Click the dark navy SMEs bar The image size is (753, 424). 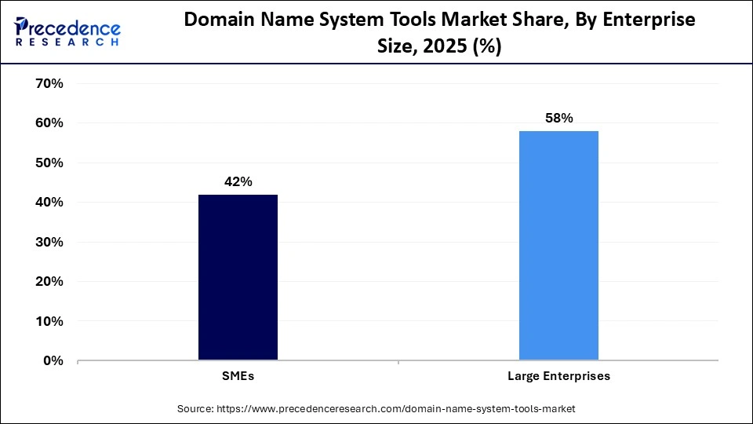238,277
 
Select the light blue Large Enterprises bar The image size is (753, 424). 558,246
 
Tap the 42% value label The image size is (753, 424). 238,182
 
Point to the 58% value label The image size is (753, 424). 559,119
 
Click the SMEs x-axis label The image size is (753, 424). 238,377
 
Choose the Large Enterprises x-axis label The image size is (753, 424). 558,377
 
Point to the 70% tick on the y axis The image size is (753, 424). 49,83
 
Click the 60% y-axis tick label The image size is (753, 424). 49,123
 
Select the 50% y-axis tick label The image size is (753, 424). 49,163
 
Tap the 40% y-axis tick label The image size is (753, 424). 49,203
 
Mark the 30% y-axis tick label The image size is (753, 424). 49,242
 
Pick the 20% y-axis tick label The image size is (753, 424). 49,282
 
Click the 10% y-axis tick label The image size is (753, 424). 49,321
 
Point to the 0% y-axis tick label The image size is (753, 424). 53,361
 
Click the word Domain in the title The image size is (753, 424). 219,20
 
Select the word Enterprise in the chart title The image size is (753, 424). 646,20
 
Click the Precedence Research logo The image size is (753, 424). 67,31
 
